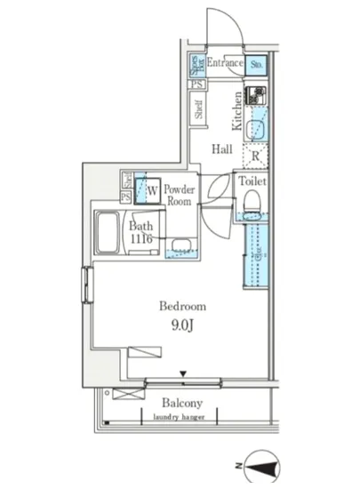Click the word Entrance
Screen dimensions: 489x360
pos(226,64)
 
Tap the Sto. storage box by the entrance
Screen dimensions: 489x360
pos(256,65)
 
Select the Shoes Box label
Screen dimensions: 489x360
pos(196,66)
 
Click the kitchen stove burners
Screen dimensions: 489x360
pos(255,96)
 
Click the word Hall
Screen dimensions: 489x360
pos(222,149)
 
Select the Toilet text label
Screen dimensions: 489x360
pos(252,180)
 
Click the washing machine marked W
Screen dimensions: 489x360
pos(152,189)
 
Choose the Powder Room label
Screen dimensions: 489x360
pos(180,195)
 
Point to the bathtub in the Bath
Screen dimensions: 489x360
pos(110,235)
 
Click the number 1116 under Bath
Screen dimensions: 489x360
pos(142,239)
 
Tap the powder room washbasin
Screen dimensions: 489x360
pos(180,246)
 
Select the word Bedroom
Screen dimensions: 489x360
pos(183,306)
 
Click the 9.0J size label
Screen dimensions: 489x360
pos(183,325)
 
